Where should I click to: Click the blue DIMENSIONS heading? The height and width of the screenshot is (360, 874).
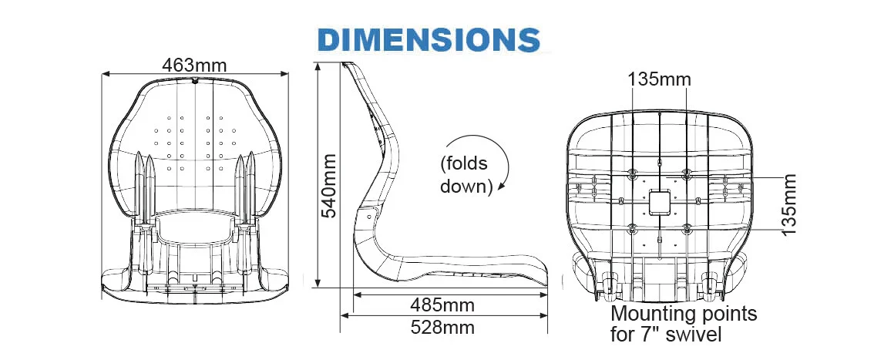coord(429,39)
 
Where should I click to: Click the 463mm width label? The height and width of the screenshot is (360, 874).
coord(194,66)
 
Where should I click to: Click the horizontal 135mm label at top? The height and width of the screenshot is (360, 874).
coord(659,79)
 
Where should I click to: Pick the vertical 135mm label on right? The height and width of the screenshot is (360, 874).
coord(788,204)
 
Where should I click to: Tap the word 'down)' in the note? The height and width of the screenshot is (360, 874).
coord(466,187)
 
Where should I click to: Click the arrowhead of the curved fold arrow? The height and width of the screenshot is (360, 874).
coord(502,186)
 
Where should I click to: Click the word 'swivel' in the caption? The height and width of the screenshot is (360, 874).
coord(697,335)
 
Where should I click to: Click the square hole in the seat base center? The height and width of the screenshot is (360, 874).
coord(660,202)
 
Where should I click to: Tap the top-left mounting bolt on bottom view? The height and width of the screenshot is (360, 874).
coord(633,172)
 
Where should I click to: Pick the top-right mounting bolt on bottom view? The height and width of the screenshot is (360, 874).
coord(687,172)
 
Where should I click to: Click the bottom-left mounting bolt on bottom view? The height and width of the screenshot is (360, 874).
coord(633,228)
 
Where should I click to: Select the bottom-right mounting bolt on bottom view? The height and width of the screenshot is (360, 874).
coord(687,228)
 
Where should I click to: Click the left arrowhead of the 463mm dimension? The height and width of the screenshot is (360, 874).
coord(106,74)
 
